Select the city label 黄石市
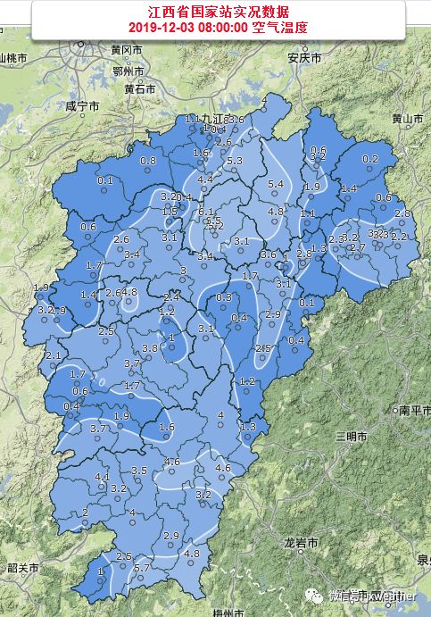point(140,88)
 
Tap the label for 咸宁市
point(81,105)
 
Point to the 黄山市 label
point(406,118)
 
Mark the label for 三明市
point(351,435)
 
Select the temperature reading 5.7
point(141,569)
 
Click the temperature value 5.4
point(276,184)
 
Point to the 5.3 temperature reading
point(235,161)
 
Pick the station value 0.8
point(148,161)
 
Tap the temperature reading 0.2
point(369,159)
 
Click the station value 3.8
point(149,347)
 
